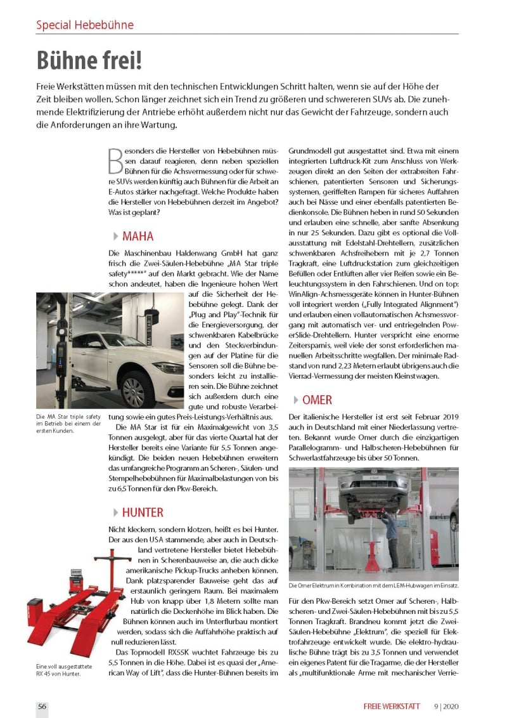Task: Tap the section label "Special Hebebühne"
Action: pyautogui.click(x=84, y=25)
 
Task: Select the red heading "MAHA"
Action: pyautogui.click(x=138, y=237)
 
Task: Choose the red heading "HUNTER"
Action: pyautogui.click(x=143, y=512)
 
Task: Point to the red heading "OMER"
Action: pyautogui.click(x=317, y=400)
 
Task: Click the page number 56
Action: pyautogui.click(x=42, y=707)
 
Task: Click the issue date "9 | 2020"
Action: pyautogui.click(x=447, y=707)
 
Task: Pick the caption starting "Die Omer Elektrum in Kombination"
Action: pyautogui.click(x=373, y=585)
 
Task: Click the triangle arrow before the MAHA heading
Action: pyautogui.click(x=115, y=237)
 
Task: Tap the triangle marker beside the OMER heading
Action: pyautogui.click(x=295, y=400)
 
